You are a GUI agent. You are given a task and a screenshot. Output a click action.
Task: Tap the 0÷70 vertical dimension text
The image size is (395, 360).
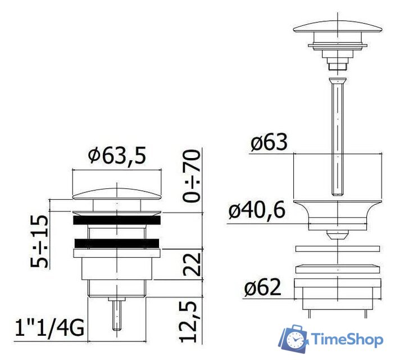pos(192,175)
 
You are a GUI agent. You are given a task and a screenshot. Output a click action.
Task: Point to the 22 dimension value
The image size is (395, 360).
pos(192,263)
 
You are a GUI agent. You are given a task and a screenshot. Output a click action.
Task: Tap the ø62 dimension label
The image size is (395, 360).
pos(262,289)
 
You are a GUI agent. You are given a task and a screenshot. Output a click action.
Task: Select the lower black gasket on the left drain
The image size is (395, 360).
pos(117,243)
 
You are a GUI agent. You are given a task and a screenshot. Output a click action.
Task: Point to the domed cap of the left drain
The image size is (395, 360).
pos(117,193)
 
